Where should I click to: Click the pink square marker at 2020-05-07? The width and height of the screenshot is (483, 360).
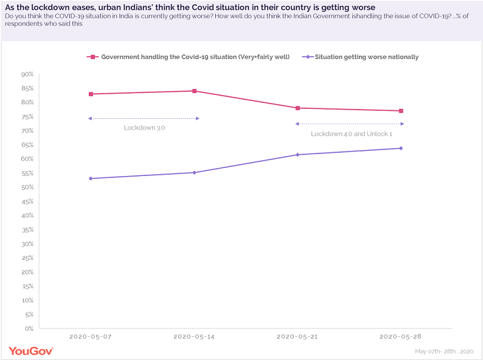click(x=90, y=94)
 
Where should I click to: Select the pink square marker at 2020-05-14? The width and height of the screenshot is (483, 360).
click(x=195, y=91)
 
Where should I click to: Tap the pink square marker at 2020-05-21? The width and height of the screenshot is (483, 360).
click(x=298, y=108)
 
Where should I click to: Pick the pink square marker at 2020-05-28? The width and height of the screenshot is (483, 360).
click(x=401, y=111)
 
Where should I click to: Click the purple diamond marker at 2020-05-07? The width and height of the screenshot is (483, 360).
click(x=90, y=178)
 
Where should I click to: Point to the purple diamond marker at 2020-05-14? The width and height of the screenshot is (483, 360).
click(x=195, y=173)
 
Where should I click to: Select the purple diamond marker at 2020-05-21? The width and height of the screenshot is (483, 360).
click(x=298, y=155)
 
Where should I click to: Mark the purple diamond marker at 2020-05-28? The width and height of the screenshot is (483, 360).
click(x=401, y=148)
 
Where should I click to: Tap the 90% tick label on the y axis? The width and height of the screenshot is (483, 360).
click(x=27, y=74)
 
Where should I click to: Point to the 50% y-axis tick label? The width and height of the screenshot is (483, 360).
click(x=27, y=187)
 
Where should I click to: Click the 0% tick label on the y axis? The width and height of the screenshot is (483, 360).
click(x=29, y=328)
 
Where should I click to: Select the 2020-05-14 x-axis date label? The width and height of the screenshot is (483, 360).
click(x=195, y=337)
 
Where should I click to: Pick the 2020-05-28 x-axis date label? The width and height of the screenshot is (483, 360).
click(x=401, y=337)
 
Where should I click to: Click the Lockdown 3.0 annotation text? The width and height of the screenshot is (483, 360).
click(x=144, y=128)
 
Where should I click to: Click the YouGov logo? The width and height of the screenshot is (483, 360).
click(x=31, y=350)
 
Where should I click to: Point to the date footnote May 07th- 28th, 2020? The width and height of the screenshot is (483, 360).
click(x=444, y=351)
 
